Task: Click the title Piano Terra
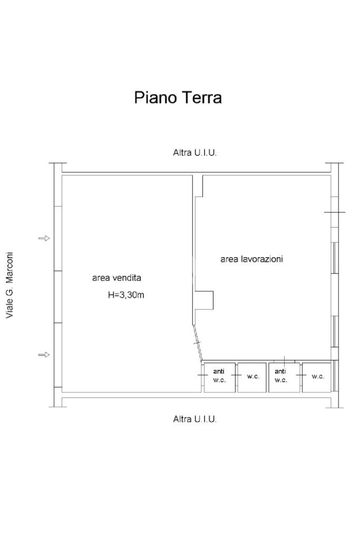tap(178, 98)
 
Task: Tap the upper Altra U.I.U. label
tap(194, 153)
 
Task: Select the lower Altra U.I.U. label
tap(194, 419)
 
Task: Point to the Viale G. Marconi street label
tap(9, 285)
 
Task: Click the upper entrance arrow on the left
tap(44, 238)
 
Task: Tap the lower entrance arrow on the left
tap(44, 355)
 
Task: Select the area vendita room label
tap(116, 278)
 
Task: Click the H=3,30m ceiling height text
tap(126, 295)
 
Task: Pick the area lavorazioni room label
tap(251, 259)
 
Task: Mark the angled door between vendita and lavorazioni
tap(197, 343)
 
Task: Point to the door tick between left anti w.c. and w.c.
tap(236, 376)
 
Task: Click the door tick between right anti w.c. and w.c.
tap(300, 375)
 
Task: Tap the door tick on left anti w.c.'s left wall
tap(203, 375)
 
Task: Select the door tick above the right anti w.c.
tap(284, 360)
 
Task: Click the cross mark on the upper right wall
tap(335, 212)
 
